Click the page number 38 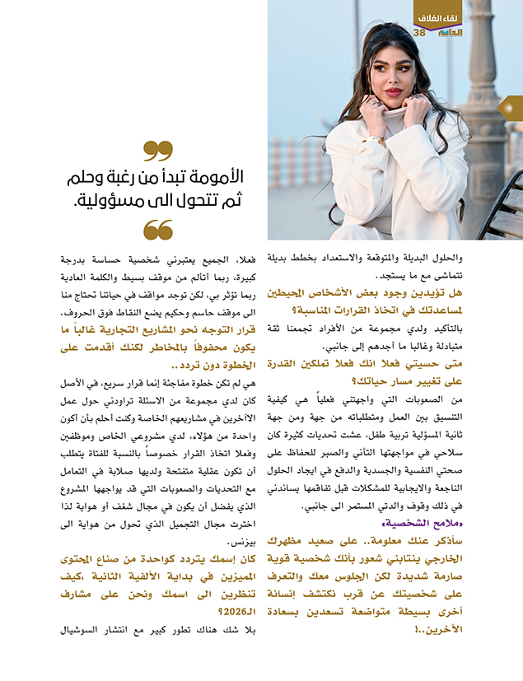click(x=419, y=32)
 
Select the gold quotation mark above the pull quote click(x=157, y=151)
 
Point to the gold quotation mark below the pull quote click(x=157, y=228)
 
